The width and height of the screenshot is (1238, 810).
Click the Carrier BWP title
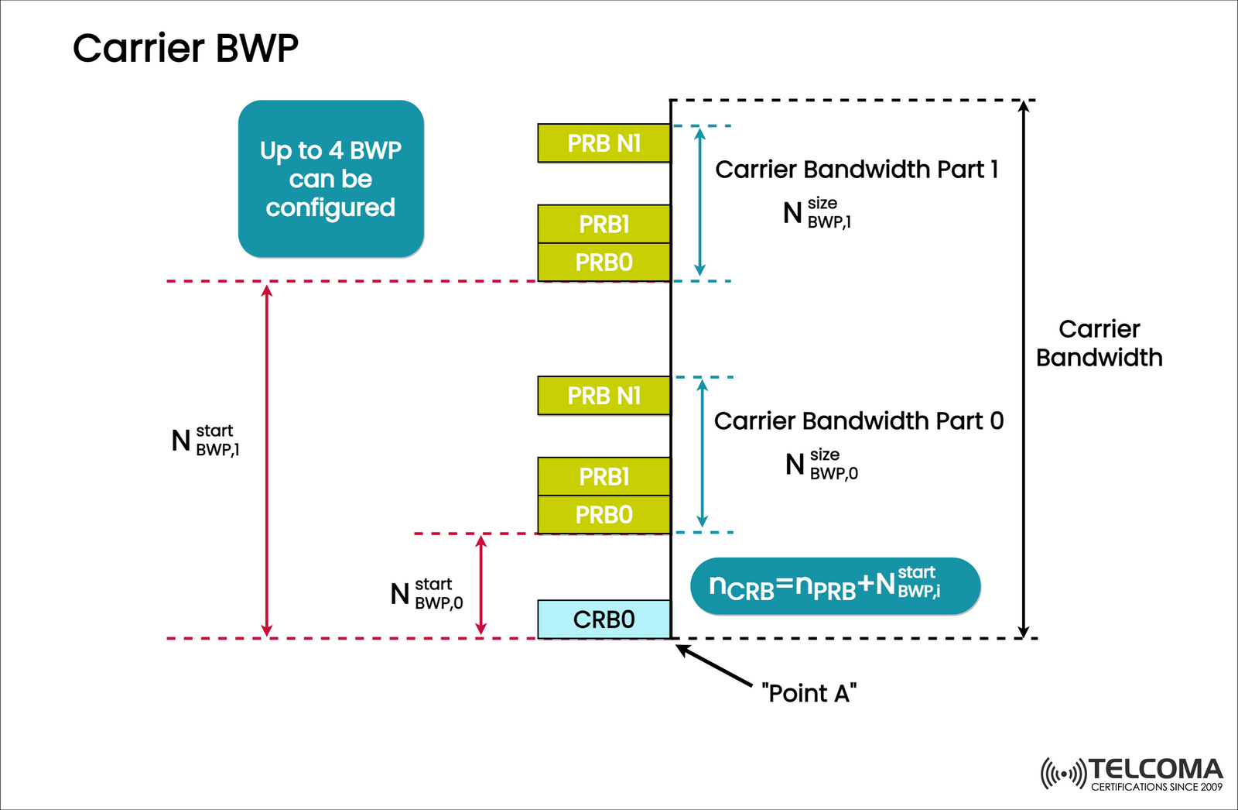[x=185, y=48]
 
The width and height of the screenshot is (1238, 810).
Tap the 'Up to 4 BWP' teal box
[x=330, y=179]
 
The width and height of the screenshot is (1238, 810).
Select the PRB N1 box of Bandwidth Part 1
[x=604, y=143]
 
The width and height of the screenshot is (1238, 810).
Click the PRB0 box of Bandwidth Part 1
[x=604, y=263]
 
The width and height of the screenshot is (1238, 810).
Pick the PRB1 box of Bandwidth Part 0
[x=604, y=476]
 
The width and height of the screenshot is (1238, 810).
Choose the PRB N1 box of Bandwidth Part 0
[x=604, y=396]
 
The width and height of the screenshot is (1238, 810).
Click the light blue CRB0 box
[x=604, y=620]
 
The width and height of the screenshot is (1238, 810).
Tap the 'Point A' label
[x=809, y=692]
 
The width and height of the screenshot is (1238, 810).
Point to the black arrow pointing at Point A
[x=715, y=666]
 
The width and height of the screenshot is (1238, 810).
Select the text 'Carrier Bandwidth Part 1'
[x=856, y=170]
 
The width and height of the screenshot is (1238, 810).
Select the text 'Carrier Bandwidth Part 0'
[x=858, y=421]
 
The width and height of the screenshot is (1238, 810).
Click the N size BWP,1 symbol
[x=817, y=213]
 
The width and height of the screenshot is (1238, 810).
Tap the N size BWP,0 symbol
[x=821, y=465]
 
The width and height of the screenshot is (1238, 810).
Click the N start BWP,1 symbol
[x=205, y=441]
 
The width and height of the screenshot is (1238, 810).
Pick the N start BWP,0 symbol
[x=426, y=594]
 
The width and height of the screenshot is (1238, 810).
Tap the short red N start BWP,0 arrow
[x=481, y=585]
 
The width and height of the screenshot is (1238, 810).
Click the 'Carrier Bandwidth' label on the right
[x=1099, y=343]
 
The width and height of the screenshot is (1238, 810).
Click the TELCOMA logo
[x=1132, y=773]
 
